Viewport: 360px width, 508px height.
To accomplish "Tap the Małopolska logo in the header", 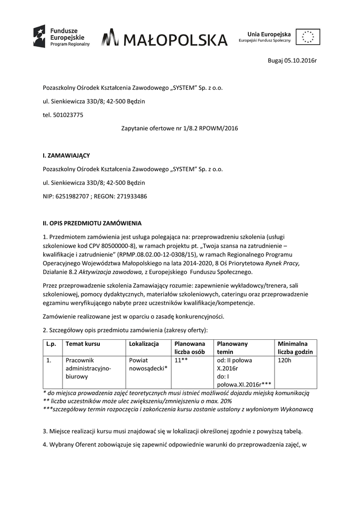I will click(x=164, y=39).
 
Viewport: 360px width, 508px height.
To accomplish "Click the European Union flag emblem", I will click(x=308, y=37).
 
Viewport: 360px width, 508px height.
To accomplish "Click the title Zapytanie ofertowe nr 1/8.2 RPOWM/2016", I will click(x=180, y=128).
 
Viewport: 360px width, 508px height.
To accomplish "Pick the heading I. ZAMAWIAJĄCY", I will click(x=66, y=155).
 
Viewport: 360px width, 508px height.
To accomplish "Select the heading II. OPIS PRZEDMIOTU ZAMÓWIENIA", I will click(x=92, y=223).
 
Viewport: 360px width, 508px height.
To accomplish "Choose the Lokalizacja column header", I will click(x=144, y=343).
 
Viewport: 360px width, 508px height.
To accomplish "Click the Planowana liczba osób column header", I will click(x=190, y=347).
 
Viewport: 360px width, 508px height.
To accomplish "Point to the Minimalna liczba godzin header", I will click(x=295, y=347).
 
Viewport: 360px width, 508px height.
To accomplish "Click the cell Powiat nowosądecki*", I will click(x=148, y=364).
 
